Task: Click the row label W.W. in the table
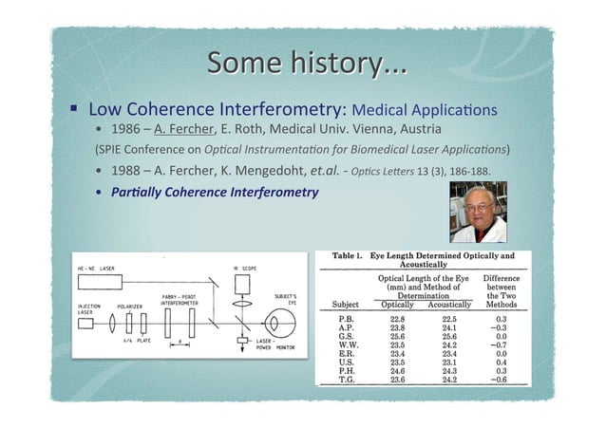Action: tap(347, 344)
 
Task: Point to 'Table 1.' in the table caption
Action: tap(349, 256)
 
